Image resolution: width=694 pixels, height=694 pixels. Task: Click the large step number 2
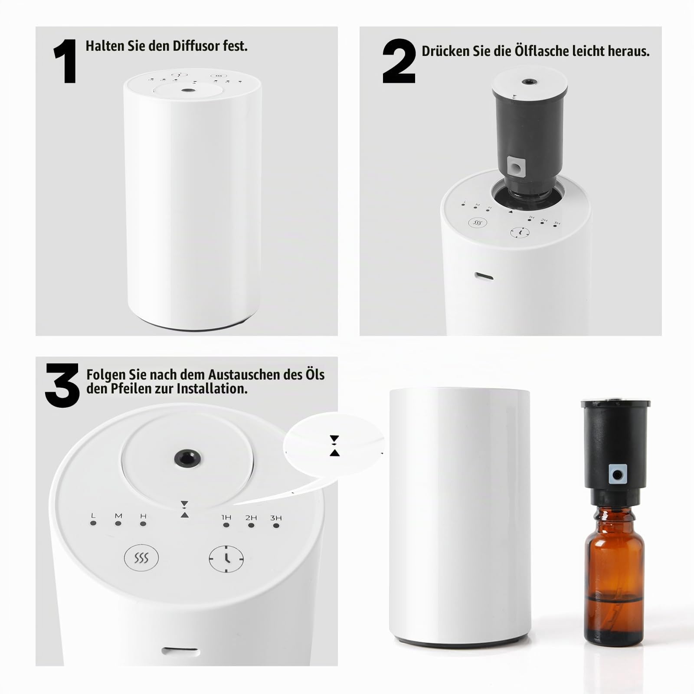coord(399,61)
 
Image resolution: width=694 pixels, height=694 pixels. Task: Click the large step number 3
coord(62,385)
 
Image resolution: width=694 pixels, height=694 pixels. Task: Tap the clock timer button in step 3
coord(226,559)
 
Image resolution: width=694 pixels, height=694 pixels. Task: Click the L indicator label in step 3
coord(93,516)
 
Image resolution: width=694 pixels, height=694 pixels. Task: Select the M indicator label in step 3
coord(118,516)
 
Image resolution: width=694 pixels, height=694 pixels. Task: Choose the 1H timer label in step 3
coord(226,517)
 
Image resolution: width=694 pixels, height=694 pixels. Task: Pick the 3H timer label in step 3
coord(276,518)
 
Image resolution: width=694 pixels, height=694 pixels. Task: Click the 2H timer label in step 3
coord(251,517)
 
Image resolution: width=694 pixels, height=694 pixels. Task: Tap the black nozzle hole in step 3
coord(188,458)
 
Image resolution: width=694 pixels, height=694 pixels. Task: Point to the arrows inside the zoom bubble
coord(334,446)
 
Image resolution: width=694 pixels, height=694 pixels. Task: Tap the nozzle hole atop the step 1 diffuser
coord(188,91)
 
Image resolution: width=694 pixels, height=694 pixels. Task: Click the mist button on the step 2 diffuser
coord(478,223)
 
